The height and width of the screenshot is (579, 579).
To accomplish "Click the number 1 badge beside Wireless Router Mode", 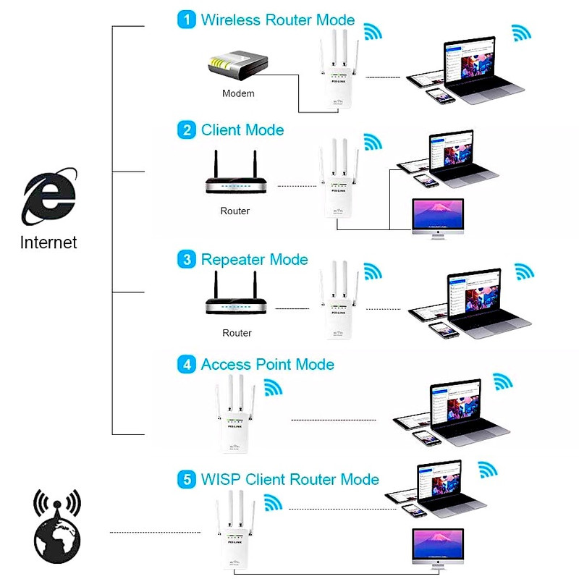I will click(187, 20).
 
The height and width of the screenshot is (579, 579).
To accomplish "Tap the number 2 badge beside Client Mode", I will click(187, 130).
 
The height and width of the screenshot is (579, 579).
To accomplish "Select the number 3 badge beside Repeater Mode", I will click(187, 260).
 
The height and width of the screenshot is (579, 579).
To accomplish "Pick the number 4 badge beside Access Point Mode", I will click(187, 365).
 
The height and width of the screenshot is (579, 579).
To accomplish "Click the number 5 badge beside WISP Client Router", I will click(187, 479).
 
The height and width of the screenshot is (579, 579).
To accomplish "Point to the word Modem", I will click(238, 93).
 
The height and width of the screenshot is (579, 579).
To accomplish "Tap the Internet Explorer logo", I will click(49, 197).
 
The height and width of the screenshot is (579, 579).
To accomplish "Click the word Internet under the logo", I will click(48, 242).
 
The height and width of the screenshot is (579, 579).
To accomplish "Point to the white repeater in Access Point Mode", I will click(232, 416).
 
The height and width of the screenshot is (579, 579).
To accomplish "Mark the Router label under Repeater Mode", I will click(237, 333).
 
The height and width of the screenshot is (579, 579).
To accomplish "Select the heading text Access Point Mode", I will click(267, 365).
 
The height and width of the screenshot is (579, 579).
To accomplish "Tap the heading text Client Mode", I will click(242, 130).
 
